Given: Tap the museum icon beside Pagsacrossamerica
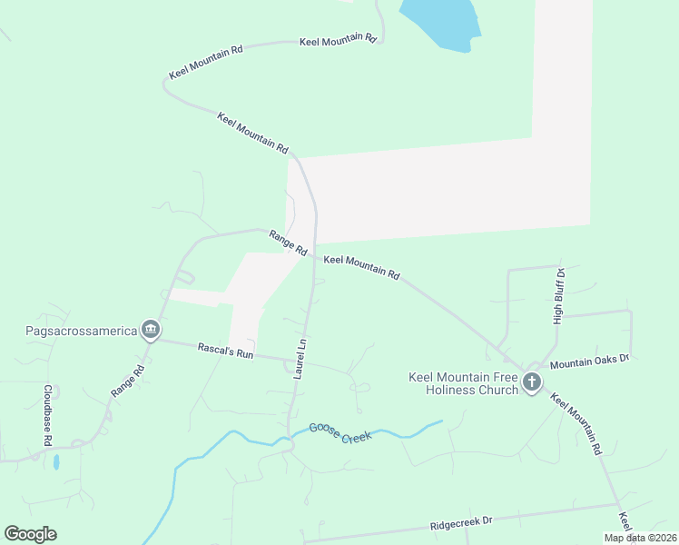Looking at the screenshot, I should [x=151, y=329].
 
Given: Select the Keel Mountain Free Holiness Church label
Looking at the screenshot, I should [x=463, y=383].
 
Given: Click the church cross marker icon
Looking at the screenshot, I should [x=532, y=382].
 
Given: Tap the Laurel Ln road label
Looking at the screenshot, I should [x=300, y=358].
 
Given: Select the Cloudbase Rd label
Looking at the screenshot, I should [x=47, y=414].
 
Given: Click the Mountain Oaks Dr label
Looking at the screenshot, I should [x=589, y=362].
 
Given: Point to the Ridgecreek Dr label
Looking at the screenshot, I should [x=461, y=522].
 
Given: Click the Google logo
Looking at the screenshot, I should [x=30, y=534].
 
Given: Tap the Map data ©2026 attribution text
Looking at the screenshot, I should [x=640, y=538].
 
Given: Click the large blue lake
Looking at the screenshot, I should [x=440, y=22].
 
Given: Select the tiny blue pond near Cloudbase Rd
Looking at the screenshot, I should [x=56, y=461].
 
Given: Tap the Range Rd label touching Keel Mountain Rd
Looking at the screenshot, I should [x=288, y=243].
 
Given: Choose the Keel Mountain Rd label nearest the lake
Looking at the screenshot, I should [x=338, y=40].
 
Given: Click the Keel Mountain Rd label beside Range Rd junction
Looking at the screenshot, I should [x=361, y=266].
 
